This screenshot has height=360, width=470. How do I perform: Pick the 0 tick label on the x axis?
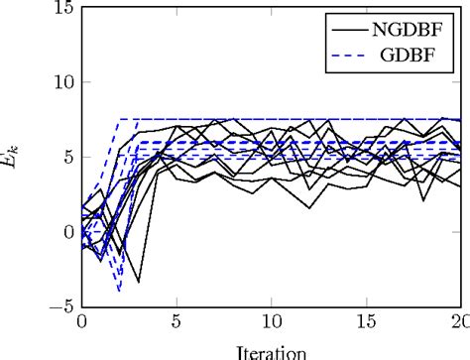tap(81, 324)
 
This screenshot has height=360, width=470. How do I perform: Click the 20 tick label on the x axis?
tap(458, 324)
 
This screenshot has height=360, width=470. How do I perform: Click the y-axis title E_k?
tap(17, 157)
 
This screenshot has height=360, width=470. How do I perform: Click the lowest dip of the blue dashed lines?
tap(119, 292)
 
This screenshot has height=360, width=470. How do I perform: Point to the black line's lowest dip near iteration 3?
tap(138, 283)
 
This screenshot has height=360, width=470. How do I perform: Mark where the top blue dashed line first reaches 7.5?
tap(119, 119)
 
